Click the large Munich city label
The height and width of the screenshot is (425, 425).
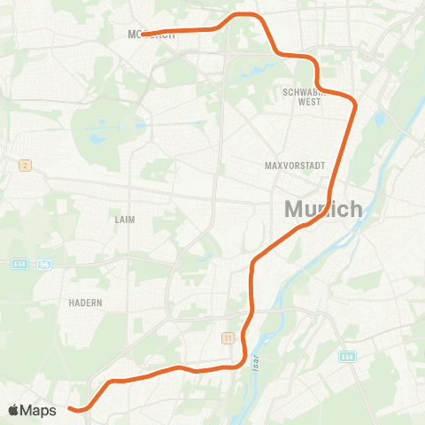323,210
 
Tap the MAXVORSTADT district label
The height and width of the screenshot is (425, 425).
296,166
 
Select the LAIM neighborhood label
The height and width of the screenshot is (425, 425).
125,219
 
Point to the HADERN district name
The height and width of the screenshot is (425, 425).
86,302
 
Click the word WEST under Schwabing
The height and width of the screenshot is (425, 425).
309,103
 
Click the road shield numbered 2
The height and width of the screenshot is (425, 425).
24,165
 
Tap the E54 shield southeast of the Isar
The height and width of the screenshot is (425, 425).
347,356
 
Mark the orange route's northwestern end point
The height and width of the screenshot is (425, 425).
143,35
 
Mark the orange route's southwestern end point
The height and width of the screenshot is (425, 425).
71,408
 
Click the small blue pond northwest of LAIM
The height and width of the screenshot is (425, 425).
95,139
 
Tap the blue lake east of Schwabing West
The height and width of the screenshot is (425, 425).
380,119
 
